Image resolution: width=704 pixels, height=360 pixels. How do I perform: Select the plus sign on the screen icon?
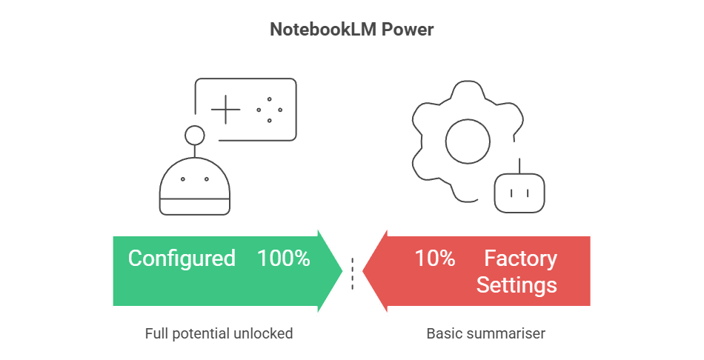pos(225,110)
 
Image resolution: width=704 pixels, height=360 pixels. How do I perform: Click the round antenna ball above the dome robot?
pos(194,136)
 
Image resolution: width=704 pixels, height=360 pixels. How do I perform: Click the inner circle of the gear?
pos(467,139)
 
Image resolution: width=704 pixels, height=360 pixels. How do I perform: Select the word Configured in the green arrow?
pos(182,259)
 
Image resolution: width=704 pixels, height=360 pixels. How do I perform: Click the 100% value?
pos(283,259)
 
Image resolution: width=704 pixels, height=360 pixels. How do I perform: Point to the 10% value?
pos(434,259)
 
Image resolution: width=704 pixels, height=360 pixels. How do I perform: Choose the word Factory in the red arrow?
pos(520,259)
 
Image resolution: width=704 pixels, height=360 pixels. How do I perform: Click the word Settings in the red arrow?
pos(516,284)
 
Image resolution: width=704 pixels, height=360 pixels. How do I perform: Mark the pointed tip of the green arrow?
pos(343,270)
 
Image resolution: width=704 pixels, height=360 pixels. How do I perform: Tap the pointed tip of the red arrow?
pos(362,270)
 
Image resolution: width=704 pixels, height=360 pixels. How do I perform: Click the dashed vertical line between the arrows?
pos(353,273)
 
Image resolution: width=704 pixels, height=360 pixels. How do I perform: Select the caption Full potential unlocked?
pos(219,333)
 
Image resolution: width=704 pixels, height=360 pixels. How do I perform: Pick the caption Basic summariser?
pos(485,333)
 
